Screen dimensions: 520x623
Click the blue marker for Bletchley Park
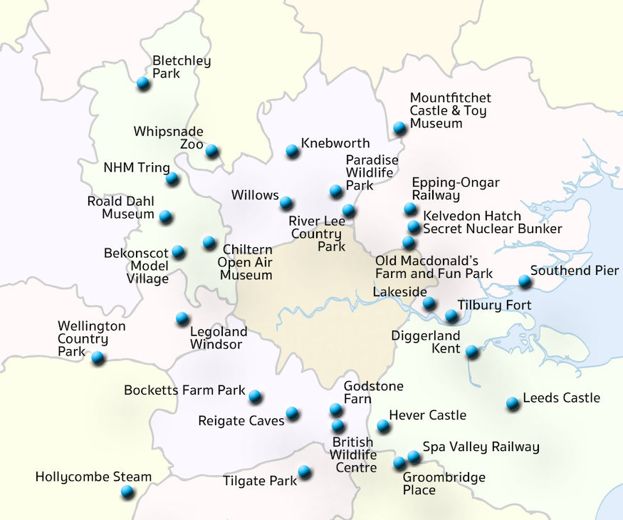coord(143,83)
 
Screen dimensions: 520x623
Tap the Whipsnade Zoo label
coord(169,137)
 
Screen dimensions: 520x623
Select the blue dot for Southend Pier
coord(525,281)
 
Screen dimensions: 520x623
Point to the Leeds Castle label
coord(561,398)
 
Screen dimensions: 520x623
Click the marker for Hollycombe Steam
coord(127,492)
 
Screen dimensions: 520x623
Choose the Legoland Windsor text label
coord(218,338)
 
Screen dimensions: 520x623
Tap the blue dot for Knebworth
coord(292,151)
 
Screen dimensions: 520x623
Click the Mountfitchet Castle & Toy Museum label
coord(450,110)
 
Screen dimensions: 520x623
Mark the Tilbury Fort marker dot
coord(451,316)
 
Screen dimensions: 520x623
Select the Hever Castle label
coord(427,415)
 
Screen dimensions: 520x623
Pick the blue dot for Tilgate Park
coord(305,472)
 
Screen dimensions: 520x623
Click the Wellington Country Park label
coord(91,339)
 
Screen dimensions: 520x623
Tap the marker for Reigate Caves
coord(292,413)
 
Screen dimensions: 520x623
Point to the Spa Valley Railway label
coord(481,447)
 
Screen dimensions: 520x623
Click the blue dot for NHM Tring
coord(172,179)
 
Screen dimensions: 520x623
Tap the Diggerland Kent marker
coord(472,351)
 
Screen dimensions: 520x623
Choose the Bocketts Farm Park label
coord(184,390)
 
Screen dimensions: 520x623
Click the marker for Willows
coord(286,203)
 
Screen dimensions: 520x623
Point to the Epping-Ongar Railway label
coord(456,189)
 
